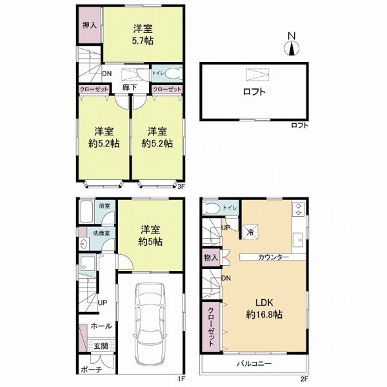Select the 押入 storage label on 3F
pyautogui.click(x=89, y=25)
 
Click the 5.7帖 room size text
pyautogui.click(x=143, y=41)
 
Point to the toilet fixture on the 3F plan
pyautogui.click(x=172, y=74)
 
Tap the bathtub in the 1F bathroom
pyautogui.click(x=86, y=212)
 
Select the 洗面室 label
pyautogui.click(x=101, y=233)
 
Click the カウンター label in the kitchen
pyautogui.click(x=273, y=257)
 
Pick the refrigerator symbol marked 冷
pyautogui.click(x=251, y=232)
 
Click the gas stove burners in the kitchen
pyautogui.click(x=299, y=209)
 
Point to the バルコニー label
pyautogui.click(x=255, y=364)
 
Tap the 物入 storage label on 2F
pyautogui.click(x=211, y=257)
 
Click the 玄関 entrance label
pyautogui.click(x=101, y=346)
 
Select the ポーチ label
pyautogui.click(x=92, y=370)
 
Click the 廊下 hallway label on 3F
pyautogui.click(x=130, y=87)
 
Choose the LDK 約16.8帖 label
pyautogui.click(x=264, y=308)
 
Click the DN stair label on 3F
pyautogui.click(x=107, y=74)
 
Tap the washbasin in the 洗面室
pyautogui.click(x=83, y=244)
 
